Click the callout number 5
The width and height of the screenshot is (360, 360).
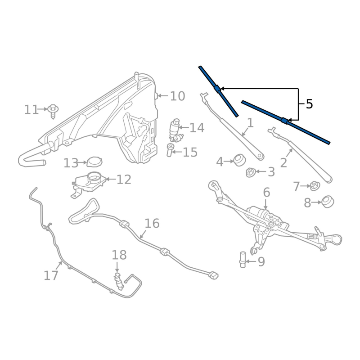click(x=309, y=104)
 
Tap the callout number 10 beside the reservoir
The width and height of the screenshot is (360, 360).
click(x=177, y=96)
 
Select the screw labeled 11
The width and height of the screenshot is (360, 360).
click(x=54, y=110)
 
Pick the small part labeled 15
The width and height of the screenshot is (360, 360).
click(x=171, y=150)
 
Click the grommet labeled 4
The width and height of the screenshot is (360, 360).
click(x=239, y=160)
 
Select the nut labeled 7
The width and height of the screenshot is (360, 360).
click(x=315, y=185)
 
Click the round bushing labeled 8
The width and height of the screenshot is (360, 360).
click(x=328, y=202)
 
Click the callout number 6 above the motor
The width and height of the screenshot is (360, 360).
click(x=266, y=193)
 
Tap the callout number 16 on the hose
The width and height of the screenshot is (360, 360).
click(x=152, y=223)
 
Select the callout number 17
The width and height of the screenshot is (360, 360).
click(x=51, y=275)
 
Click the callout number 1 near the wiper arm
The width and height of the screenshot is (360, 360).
click(x=250, y=123)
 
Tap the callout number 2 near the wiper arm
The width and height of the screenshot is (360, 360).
click(x=283, y=162)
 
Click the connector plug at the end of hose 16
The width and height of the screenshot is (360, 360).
click(x=214, y=274)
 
